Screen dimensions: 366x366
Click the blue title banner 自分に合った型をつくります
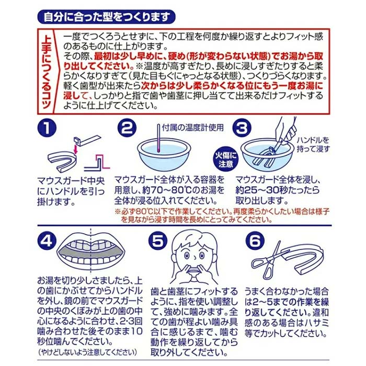click(x=106, y=17)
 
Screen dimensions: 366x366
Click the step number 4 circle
click(x=47, y=241)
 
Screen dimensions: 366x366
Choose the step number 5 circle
click(x=158, y=241)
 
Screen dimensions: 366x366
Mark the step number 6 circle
click(x=255, y=241)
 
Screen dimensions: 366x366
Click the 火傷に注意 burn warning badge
click(x=226, y=159)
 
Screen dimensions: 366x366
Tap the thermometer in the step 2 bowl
click(x=159, y=138)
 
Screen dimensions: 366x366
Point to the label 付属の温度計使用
click(x=193, y=128)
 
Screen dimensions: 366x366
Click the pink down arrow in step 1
click(x=75, y=150)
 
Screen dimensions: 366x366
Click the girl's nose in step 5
click(x=195, y=257)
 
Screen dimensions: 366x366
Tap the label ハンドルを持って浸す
click(x=313, y=144)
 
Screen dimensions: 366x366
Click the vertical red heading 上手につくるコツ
click(x=47, y=72)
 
